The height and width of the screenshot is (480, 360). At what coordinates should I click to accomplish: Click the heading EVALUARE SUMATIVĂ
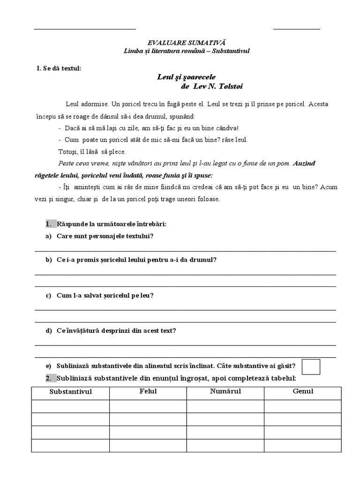pyautogui.click(x=180, y=42)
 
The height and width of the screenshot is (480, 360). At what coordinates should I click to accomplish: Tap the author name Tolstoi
pyautogui.click(x=230, y=87)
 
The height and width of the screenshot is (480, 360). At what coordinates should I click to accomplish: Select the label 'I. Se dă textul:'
pyautogui.click(x=59, y=68)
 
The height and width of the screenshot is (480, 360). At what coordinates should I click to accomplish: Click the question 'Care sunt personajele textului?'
pyautogui.click(x=105, y=236)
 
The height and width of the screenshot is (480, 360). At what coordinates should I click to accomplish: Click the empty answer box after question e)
pyautogui.click(x=311, y=367)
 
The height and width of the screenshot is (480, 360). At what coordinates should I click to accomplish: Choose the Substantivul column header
pyautogui.click(x=71, y=391)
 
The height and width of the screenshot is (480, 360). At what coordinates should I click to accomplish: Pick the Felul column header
pyautogui.click(x=148, y=391)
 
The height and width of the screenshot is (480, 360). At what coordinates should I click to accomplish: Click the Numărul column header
pyautogui.click(x=225, y=391)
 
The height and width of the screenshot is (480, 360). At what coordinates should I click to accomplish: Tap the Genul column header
pyautogui.click(x=303, y=391)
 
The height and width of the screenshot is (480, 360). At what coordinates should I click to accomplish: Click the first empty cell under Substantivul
pyautogui.click(x=71, y=406)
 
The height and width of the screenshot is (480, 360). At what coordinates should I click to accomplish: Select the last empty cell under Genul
pyautogui.click(x=303, y=445)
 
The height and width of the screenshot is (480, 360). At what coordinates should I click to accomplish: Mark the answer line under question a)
pyautogui.click(x=185, y=251)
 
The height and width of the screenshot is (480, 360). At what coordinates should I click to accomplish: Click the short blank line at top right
pyautogui.click(x=297, y=29)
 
